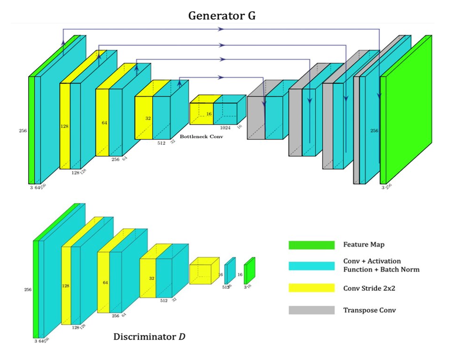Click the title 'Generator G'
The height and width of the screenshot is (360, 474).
pos(222,17)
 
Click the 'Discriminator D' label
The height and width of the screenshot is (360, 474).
pos(149,337)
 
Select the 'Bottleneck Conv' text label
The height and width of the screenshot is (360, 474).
pos(201,137)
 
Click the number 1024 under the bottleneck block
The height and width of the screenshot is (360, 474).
pos(225,127)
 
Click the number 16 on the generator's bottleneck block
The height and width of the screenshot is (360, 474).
pos(209,114)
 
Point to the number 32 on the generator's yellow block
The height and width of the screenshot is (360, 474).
pos(148,118)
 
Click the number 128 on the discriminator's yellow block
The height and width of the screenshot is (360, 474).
pos(66,286)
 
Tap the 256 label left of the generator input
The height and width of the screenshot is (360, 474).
pos(23,131)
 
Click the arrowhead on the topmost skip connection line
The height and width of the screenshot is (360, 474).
pos(220,29)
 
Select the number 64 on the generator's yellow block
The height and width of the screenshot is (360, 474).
pos(104,122)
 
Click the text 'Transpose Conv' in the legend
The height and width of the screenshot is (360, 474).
pos(369,310)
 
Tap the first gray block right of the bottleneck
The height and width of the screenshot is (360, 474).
pos(256,116)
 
